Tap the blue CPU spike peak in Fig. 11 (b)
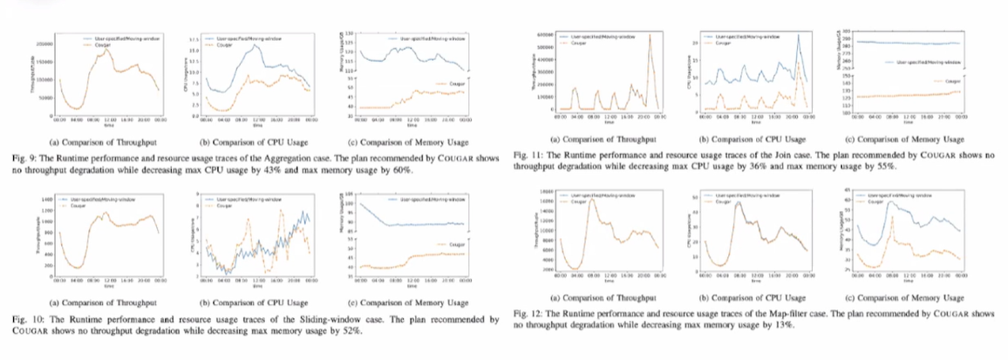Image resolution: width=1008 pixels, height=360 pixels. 798,35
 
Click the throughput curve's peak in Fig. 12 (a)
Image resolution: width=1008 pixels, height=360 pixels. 590,200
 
